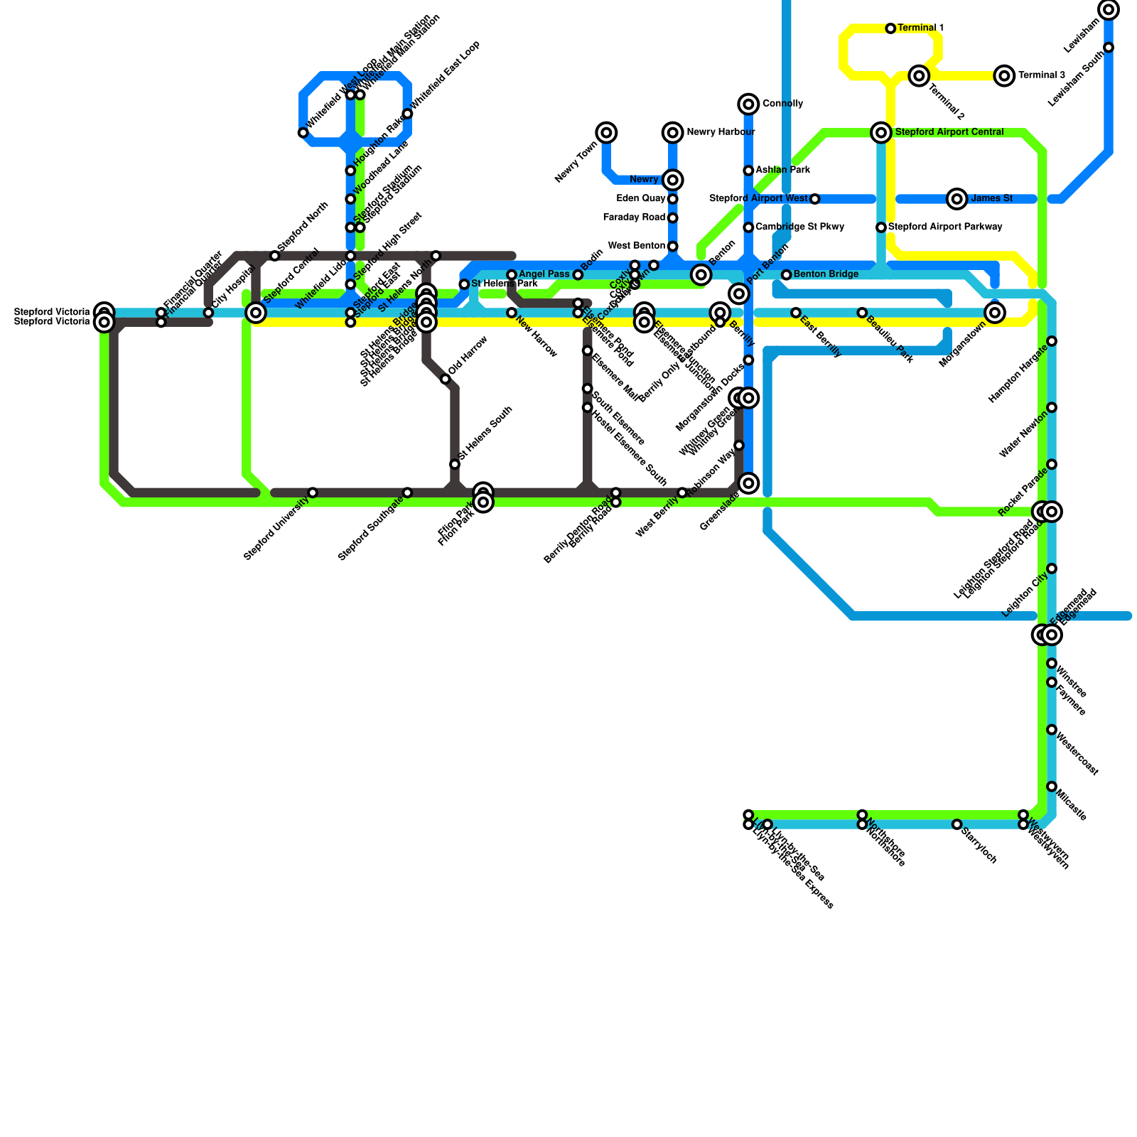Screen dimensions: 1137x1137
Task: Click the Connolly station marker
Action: (748, 104)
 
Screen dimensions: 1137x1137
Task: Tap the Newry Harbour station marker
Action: (673, 132)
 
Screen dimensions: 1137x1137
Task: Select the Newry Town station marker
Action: (606, 132)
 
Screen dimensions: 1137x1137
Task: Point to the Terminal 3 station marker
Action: (1004, 75)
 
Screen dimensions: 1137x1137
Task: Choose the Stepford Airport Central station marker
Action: (881, 132)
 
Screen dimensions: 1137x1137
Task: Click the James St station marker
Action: (957, 199)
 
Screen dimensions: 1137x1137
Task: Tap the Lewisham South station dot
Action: (1109, 48)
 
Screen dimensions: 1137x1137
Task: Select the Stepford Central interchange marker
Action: (256, 313)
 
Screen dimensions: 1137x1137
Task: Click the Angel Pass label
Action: (544, 274)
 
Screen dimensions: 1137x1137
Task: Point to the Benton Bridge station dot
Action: (787, 275)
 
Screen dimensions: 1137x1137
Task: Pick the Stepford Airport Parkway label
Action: (945, 227)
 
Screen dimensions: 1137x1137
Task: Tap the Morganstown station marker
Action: (995, 313)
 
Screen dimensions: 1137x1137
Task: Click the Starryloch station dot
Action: (957, 824)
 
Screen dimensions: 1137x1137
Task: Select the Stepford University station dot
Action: (313, 492)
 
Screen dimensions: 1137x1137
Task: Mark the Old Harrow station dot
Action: (446, 379)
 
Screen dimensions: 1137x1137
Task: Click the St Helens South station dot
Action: (455, 464)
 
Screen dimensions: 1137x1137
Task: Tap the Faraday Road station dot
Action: (673, 217)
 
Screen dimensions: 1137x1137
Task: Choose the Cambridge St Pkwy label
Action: (799, 227)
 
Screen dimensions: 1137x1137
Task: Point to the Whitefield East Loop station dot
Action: (407, 114)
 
